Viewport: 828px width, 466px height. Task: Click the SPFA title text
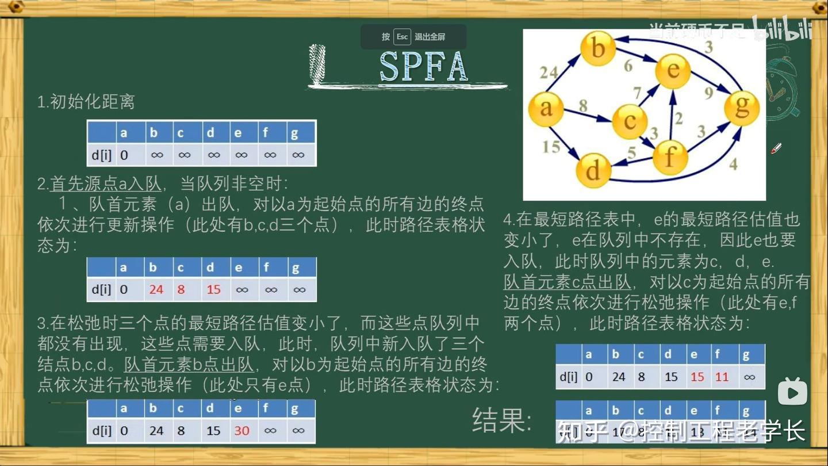(423, 67)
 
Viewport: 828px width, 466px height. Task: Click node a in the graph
(546, 108)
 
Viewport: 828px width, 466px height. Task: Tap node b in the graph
(598, 48)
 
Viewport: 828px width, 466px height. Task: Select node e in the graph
(673, 70)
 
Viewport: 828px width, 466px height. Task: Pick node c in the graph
(630, 121)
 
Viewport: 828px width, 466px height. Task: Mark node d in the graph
(593, 169)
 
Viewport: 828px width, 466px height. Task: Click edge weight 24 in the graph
(549, 72)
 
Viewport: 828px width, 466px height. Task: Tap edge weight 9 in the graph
(708, 92)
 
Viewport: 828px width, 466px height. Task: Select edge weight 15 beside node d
(550, 147)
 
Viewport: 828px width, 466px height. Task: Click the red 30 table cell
(241, 431)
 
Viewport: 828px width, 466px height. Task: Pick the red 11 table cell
(722, 377)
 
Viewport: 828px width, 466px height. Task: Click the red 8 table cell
(181, 289)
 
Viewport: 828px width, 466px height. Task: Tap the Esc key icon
(402, 37)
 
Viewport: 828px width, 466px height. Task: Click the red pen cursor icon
(776, 148)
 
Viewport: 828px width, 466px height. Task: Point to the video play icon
(792, 392)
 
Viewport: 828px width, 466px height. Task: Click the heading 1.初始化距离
(86, 102)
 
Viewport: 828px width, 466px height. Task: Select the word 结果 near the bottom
(499, 420)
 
